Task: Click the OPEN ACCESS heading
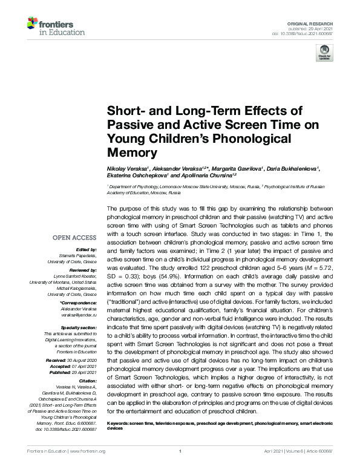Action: pyautogui.click(x=74, y=237)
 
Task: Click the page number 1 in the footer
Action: pyautogui.click(x=180, y=451)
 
